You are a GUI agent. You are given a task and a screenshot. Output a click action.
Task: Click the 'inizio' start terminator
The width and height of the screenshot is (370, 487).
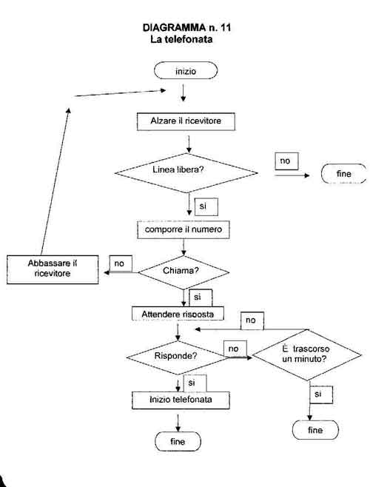(186, 70)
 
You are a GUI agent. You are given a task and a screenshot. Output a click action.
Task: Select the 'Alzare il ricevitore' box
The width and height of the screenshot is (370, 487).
(186, 121)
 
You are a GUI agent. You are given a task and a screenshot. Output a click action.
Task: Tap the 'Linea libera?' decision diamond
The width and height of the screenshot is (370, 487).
(186, 172)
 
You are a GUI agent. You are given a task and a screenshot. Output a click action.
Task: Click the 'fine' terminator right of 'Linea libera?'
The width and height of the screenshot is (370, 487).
(343, 174)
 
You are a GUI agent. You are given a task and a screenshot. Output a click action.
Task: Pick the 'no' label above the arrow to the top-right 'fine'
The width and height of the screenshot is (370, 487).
(286, 161)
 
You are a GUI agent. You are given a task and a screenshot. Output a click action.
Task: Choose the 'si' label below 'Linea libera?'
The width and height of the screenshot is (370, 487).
(206, 206)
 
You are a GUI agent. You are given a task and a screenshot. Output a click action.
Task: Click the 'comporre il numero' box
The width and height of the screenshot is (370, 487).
(184, 229)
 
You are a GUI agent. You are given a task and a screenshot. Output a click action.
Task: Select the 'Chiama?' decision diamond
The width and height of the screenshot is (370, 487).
(184, 272)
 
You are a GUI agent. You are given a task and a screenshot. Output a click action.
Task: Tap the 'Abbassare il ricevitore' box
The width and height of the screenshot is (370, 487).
(53, 269)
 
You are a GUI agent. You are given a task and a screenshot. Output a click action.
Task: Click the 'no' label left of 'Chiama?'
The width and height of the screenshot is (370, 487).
(121, 263)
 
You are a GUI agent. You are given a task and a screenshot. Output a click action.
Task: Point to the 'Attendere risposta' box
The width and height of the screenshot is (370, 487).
(178, 313)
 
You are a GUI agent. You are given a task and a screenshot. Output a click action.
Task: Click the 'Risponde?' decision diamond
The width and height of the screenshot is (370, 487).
(178, 357)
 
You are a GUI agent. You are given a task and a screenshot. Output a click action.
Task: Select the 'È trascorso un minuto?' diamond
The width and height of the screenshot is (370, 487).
(307, 355)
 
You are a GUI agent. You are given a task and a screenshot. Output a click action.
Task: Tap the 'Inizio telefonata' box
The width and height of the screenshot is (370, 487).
(181, 400)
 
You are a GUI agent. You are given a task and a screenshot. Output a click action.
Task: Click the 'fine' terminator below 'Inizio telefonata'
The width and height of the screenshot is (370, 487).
(178, 441)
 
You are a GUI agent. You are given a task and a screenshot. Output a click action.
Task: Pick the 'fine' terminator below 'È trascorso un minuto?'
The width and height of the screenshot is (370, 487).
(315, 430)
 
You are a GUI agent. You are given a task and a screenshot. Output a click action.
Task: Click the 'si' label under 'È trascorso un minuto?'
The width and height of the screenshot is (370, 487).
(321, 394)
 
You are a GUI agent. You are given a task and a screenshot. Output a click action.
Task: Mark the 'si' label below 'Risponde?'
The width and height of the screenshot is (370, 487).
(195, 383)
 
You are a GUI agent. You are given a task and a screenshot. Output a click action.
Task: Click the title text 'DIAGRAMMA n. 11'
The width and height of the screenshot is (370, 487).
(186, 27)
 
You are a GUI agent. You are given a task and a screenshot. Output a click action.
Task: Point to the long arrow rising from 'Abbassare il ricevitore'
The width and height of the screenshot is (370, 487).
(55, 181)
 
